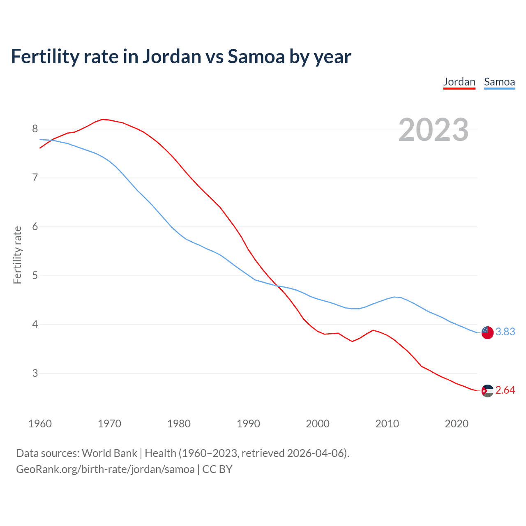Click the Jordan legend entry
point(459,82)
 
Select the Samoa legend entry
point(499,82)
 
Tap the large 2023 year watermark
point(433,130)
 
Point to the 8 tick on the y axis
point(35,129)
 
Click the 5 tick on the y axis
point(35,275)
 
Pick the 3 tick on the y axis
point(35,373)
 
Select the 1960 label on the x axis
point(40,424)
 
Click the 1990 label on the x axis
point(248,424)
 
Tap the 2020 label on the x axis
point(457,424)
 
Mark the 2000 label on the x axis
point(318,424)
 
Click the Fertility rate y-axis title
point(17,255)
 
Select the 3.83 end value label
point(505,332)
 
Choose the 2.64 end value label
point(505,390)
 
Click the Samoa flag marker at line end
point(487,332)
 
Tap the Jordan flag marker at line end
point(487,391)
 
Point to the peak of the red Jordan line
point(103,119)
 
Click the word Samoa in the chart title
point(256,57)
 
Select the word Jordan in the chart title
point(172,57)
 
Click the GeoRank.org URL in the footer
point(105,469)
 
